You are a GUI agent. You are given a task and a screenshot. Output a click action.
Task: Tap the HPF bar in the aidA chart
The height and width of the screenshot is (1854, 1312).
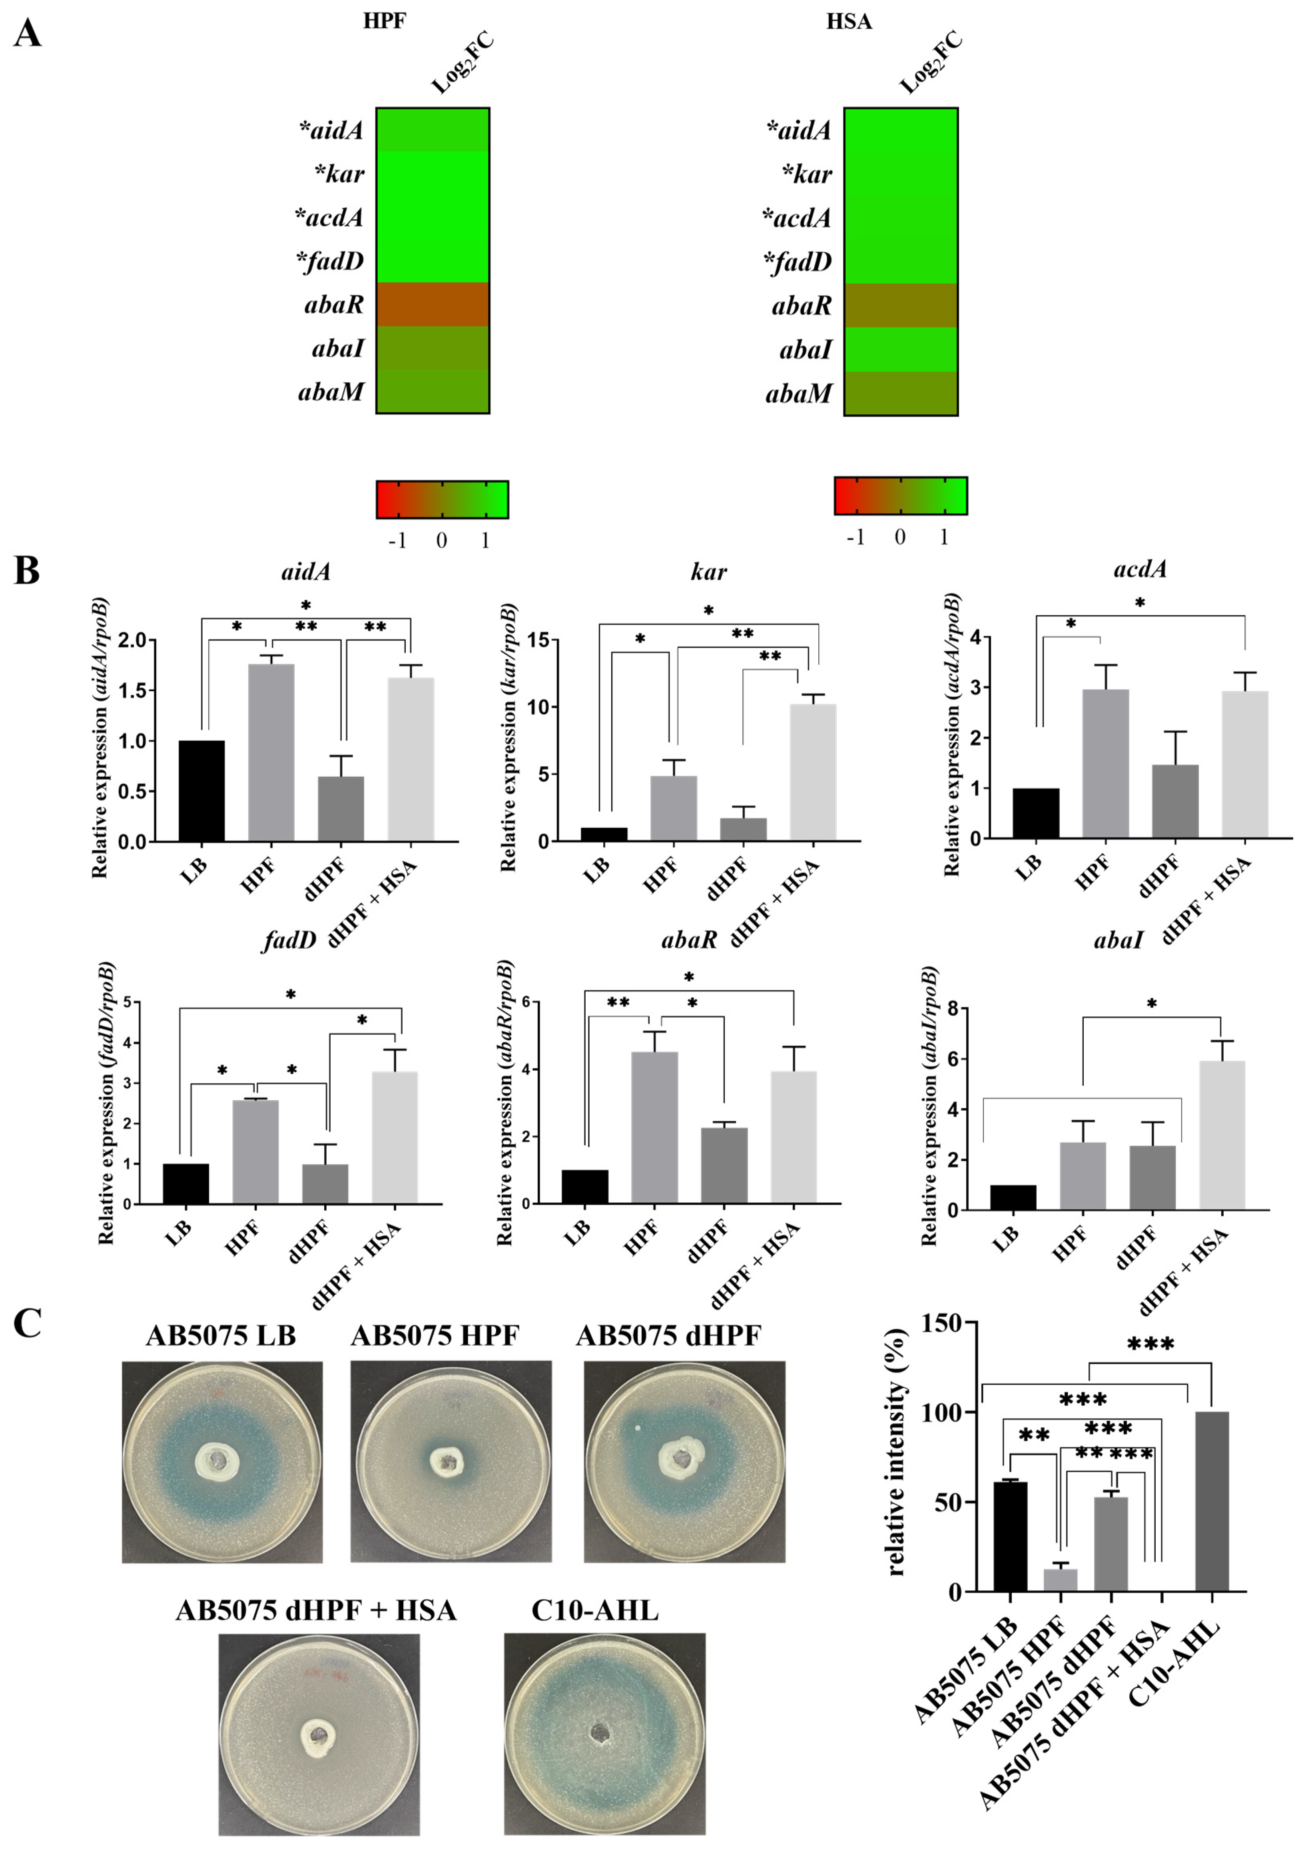[x=271, y=751]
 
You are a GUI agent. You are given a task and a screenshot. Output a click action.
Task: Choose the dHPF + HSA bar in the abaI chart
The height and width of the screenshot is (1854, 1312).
[x=1222, y=1135]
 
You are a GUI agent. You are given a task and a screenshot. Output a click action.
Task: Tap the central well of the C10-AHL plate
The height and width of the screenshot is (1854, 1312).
[x=600, y=1732]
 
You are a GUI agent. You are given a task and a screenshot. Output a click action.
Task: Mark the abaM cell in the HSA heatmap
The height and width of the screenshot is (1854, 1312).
[x=901, y=393]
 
